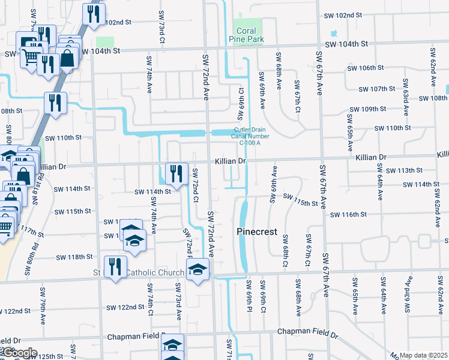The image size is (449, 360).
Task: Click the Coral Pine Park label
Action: click(246, 35)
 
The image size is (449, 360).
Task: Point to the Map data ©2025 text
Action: click(423, 356)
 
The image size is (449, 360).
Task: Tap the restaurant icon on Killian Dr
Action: click(176, 173)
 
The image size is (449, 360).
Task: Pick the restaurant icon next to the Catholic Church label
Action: click(115, 267)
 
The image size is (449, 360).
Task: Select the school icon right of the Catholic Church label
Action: click(197, 269)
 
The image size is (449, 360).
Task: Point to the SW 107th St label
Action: click(376, 89)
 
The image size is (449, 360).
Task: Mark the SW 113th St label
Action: click(404, 170)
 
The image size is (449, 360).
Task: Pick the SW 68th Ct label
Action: click(284, 252)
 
